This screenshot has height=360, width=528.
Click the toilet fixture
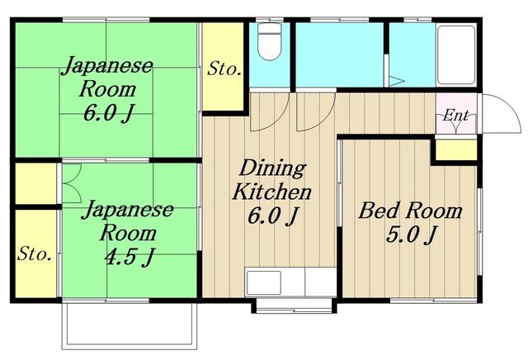point(269,42)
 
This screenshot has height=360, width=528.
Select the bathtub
point(456,55)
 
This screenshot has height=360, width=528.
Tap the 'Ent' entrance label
point(455,116)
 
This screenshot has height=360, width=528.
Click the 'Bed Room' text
point(410,211)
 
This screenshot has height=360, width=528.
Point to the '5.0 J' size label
point(412,234)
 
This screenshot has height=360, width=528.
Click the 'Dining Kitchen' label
point(272,180)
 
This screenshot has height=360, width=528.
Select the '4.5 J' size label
point(130,257)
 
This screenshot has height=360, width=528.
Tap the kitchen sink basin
point(264,282)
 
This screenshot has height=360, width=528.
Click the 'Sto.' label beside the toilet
point(224,69)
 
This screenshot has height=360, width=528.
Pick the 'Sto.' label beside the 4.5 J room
point(35,253)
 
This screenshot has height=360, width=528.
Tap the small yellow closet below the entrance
point(456,149)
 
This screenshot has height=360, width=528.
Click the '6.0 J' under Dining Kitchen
point(273,216)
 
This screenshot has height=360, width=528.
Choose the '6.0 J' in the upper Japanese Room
point(108,113)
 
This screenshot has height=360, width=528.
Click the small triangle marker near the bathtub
point(396,82)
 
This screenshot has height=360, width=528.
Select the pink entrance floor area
point(456,113)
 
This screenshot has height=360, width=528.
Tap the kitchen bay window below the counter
point(294,306)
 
